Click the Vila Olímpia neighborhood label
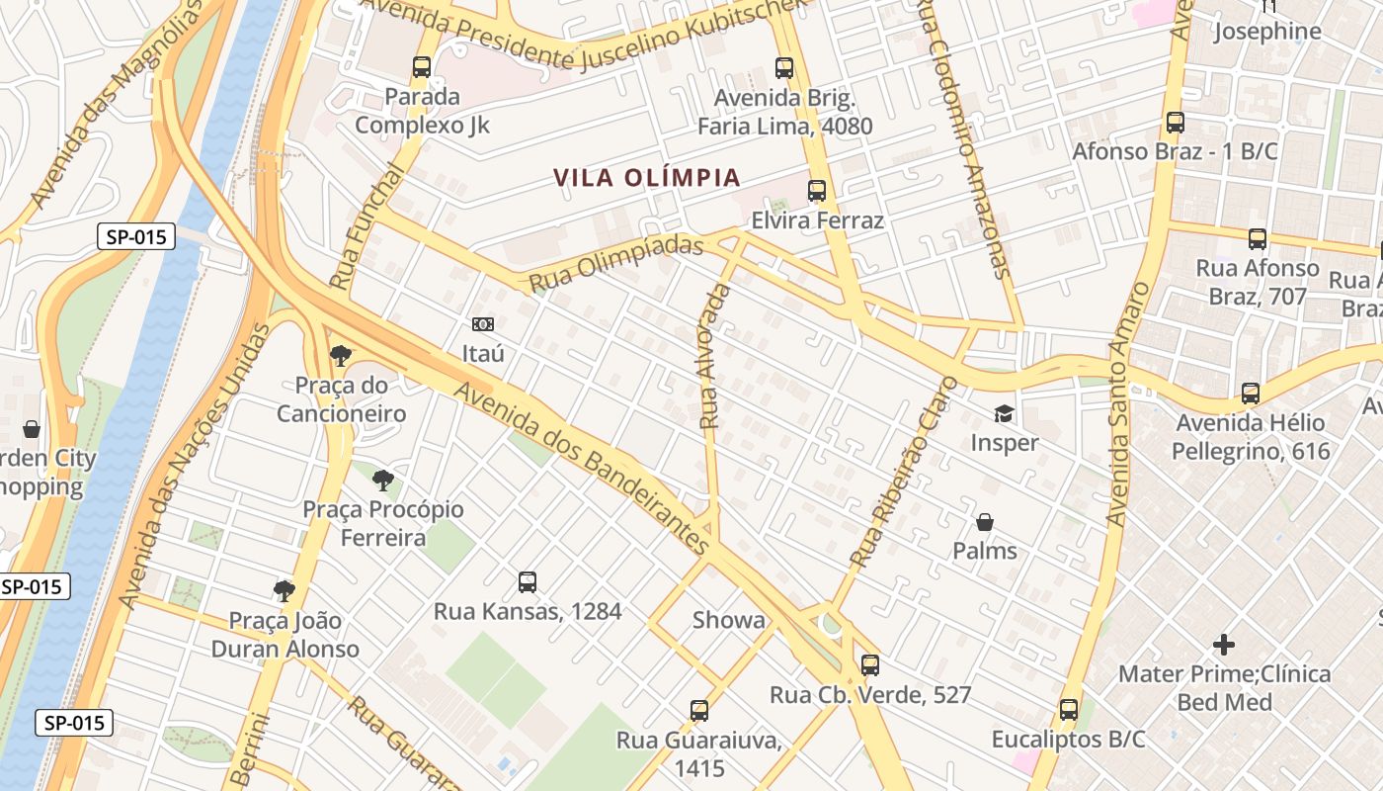(646, 178)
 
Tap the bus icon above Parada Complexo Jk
(422, 67)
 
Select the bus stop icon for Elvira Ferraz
(817, 191)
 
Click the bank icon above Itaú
(483, 323)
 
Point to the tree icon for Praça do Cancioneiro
(341, 355)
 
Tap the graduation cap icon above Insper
(1004, 413)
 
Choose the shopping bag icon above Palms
(985, 521)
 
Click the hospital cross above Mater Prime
(1224, 646)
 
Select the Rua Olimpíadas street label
(617, 264)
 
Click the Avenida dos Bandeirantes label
(582, 468)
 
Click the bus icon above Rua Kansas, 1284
(528, 582)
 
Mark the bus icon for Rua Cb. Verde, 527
(870, 665)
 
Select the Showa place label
(728, 620)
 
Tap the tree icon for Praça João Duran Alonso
(285, 591)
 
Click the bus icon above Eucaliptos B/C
(1069, 710)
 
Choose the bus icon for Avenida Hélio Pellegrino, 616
(1251, 394)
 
